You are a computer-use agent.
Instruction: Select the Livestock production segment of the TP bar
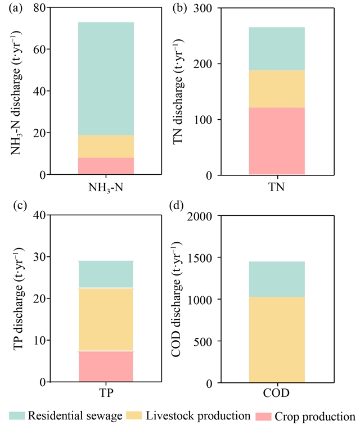[106, 319]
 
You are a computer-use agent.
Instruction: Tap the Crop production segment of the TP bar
[106, 367]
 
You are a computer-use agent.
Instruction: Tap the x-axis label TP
[106, 392]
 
